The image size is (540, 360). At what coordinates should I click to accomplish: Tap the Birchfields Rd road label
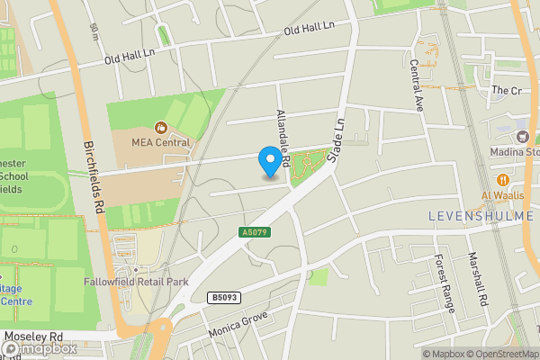point(91,179)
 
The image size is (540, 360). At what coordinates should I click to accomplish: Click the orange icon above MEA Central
point(162,127)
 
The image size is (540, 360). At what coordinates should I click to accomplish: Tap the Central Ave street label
point(417,85)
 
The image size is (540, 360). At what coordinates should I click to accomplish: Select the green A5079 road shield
point(256,232)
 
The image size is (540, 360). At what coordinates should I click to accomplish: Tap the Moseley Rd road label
point(38,336)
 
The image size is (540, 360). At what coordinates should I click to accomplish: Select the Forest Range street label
point(442,278)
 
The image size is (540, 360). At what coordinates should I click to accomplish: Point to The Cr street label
point(506,91)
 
